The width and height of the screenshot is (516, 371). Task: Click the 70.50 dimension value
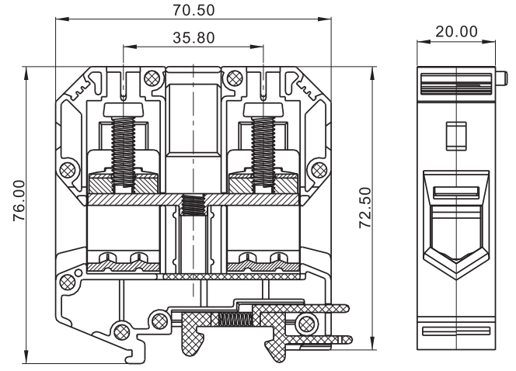coord(193,10)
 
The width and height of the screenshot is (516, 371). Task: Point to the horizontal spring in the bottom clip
coord(234,319)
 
